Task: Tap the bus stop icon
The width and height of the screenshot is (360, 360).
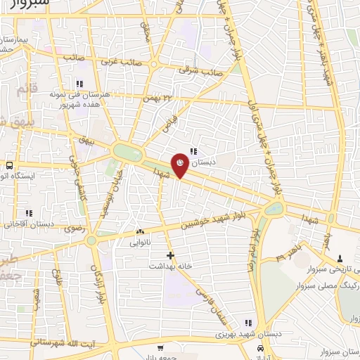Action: [9, 166]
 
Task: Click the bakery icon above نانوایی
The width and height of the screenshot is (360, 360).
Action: [140, 232]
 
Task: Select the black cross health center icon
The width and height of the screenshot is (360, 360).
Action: [169, 255]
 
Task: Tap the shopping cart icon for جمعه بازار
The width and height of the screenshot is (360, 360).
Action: [160, 348]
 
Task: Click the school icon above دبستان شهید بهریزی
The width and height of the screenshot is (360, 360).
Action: [245, 322]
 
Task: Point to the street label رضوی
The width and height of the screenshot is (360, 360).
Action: [73, 229]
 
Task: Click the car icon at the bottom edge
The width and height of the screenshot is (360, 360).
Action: [262, 349]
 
